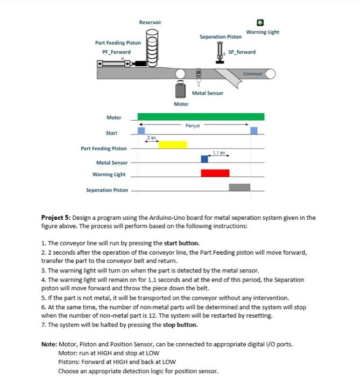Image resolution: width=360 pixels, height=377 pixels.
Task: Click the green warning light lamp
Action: [x=260, y=23]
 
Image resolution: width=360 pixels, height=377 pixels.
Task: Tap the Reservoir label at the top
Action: [x=150, y=22]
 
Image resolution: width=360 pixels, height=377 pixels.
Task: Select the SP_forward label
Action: [x=242, y=52]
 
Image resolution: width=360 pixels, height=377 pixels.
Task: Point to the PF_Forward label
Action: [x=116, y=52]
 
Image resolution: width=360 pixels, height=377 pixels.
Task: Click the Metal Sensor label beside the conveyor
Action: [x=207, y=93]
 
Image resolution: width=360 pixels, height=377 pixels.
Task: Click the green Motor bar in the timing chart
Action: [x=201, y=116]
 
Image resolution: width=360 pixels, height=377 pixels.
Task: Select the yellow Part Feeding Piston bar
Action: [x=173, y=144]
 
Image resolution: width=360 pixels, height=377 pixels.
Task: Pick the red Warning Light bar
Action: [x=215, y=173]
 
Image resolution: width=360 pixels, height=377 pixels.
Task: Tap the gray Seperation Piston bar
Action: [x=239, y=187]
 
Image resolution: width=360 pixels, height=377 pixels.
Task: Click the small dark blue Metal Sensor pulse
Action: [x=204, y=158]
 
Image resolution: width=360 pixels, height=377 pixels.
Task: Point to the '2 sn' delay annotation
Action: [x=151, y=138]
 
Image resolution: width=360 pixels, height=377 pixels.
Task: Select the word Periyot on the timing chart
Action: [x=192, y=125]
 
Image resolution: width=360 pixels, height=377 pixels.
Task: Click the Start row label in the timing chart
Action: [x=111, y=132]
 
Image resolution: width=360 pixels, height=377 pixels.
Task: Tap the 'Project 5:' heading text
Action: [x=56, y=218]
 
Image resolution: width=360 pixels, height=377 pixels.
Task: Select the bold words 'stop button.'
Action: [x=181, y=325]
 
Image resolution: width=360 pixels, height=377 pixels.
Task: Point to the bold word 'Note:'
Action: [x=50, y=344]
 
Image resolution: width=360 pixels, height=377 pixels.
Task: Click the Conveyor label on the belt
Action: [x=252, y=73]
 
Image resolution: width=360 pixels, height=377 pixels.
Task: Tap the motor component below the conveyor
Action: [x=181, y=90]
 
